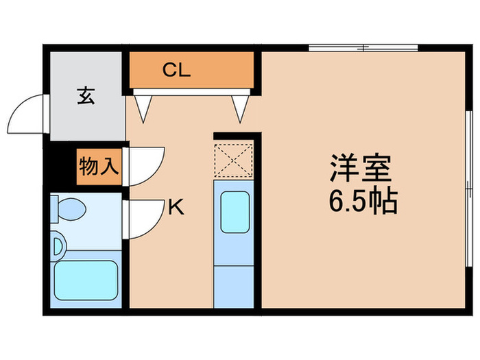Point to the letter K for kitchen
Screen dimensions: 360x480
coord(176,206)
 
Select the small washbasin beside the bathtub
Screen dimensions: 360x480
coord(58,245)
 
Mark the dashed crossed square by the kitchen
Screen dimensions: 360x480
coord(235,160)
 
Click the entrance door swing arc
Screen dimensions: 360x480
coord(26,115)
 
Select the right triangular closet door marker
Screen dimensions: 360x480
coord(240,107)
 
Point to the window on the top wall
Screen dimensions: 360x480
coord(363,48)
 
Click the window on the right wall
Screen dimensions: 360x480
coord(467,185)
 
